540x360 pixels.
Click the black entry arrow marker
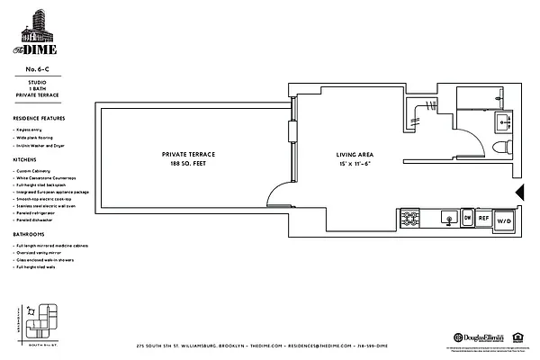519,191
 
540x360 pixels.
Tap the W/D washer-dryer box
504,219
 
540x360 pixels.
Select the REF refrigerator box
482,218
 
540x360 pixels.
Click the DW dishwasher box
466,218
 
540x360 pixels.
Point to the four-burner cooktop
409,219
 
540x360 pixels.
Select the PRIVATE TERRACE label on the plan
188,154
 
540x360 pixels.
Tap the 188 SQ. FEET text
188,165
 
